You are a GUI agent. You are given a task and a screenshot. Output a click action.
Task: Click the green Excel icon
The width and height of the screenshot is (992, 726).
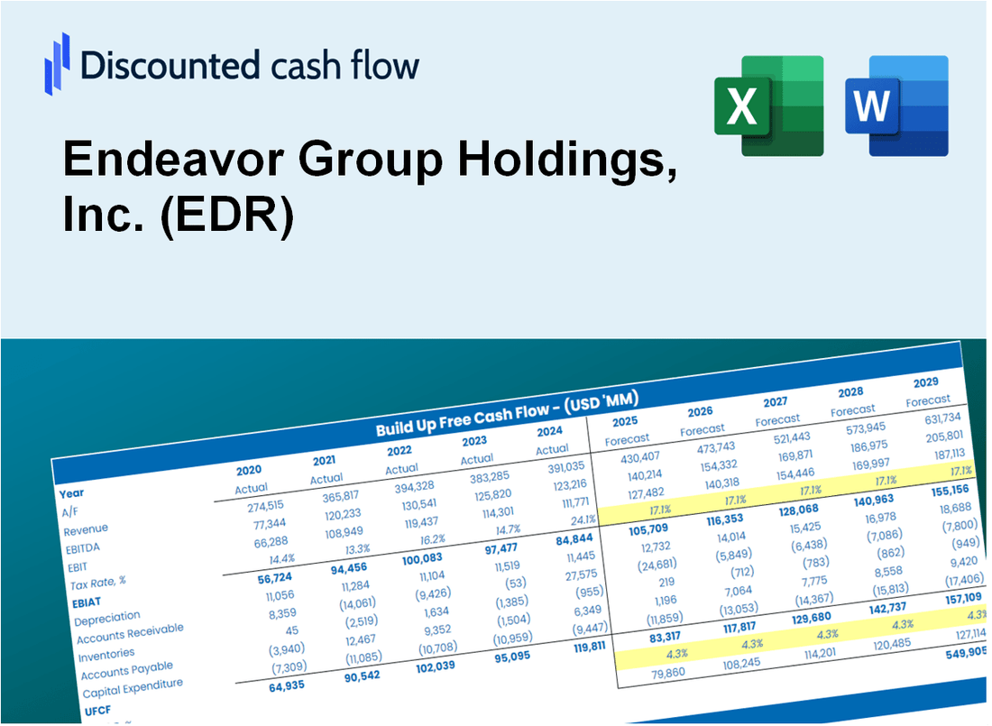point(768,105)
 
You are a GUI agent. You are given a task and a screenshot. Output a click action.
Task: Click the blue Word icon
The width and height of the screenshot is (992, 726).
point(896,105)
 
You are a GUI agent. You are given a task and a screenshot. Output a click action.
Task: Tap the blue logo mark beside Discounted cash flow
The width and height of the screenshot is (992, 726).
point(57,63)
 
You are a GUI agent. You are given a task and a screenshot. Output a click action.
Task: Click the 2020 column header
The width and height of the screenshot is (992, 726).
point(250,470)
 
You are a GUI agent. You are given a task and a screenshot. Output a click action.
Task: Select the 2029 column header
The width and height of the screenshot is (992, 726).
point(925,381)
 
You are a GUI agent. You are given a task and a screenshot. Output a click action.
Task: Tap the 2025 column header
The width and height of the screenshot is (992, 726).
point(625,421)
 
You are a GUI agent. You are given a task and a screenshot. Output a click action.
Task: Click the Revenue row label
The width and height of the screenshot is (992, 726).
point(86,528)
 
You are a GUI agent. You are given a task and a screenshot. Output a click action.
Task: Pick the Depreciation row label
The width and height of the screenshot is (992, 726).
point(107,617)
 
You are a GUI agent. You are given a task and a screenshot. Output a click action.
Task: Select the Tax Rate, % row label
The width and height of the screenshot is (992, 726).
point(100,582)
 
